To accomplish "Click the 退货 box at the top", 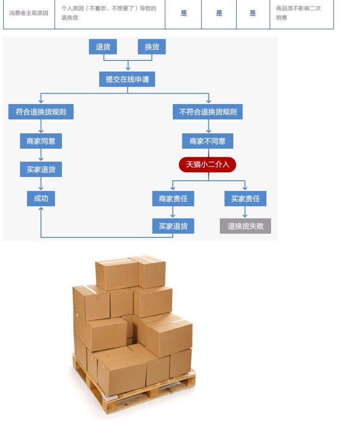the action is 103,47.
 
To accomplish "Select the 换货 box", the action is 152,47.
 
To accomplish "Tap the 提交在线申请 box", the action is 127,79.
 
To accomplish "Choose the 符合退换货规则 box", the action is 41,111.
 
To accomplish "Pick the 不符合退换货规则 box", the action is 208,111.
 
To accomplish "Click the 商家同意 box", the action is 41,141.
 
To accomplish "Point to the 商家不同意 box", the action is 208,141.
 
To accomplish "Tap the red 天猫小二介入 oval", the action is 207,164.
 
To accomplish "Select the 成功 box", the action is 41,199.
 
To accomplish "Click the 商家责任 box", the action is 173,199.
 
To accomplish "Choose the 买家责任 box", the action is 245,199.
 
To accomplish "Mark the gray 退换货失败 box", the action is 245,226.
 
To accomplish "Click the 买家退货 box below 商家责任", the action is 173,226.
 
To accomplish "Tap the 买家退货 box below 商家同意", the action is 41,169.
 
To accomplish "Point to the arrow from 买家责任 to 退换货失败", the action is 245,212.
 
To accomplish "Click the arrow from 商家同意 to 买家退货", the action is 41,155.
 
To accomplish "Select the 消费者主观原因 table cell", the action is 29,13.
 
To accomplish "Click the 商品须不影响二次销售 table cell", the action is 301,13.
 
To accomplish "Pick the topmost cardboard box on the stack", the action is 117,274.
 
